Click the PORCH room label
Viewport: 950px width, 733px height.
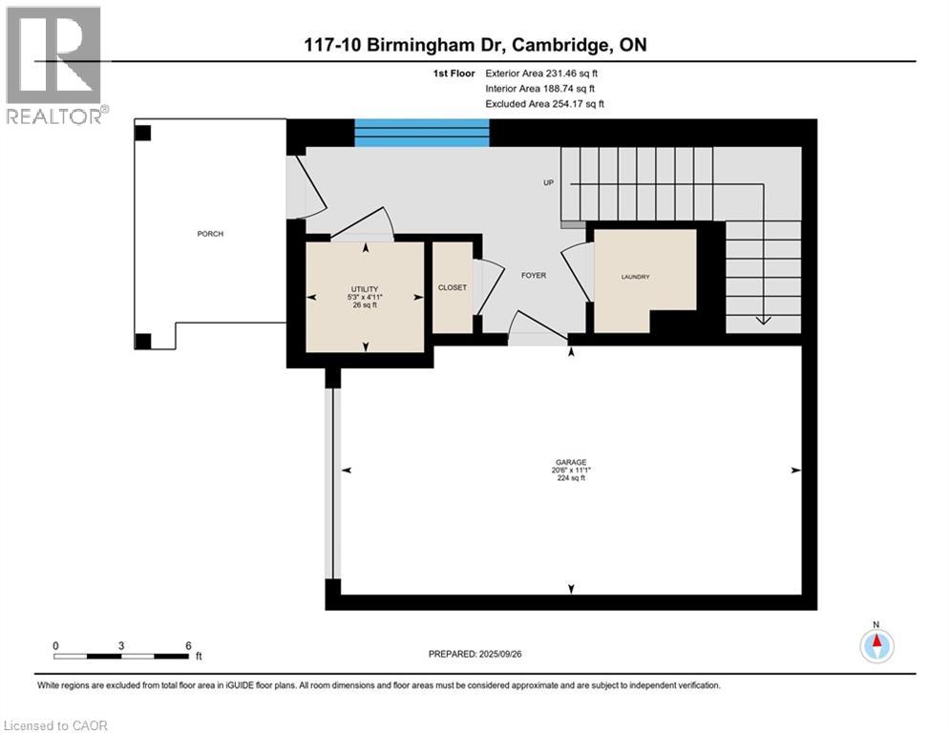210,234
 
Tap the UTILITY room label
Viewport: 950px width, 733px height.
365,289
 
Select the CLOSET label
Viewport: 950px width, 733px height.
452,287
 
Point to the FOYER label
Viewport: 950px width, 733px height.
533,276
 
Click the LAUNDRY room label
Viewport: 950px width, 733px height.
635,277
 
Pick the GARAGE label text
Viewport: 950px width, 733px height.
572,462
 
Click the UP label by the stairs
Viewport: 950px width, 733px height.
549,182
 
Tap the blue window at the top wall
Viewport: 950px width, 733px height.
422,133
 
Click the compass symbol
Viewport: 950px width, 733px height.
876,646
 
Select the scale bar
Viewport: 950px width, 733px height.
121,655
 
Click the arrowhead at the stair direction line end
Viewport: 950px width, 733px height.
763,321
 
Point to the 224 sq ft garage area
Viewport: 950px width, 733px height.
571,478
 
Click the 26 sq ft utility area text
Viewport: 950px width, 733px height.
365,305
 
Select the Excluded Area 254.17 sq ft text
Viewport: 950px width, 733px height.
545,103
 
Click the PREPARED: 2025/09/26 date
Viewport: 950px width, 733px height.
477,654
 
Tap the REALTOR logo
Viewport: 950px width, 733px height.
54,65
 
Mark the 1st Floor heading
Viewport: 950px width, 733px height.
453,73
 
